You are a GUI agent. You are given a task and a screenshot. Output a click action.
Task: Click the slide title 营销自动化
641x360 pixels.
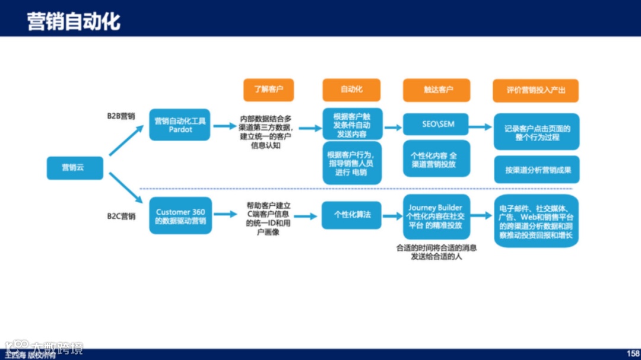click(74, 21)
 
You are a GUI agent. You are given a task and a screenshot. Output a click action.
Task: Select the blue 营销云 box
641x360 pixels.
click(75, 168)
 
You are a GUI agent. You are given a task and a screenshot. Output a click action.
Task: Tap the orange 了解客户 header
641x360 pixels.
click(269, 90)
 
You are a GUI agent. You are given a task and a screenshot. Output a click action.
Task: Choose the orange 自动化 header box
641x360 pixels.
click(351, 90)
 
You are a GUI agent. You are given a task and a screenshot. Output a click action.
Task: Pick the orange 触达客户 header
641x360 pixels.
click(436, 90)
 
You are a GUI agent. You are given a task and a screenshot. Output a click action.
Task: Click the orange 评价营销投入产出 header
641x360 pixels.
click(535, 90)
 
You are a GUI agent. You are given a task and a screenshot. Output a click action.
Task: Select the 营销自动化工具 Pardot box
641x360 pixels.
click(180, 125)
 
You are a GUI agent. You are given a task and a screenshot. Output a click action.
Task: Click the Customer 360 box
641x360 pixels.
click(180, 216)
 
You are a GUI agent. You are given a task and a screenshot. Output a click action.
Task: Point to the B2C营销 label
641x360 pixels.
click(121, 216)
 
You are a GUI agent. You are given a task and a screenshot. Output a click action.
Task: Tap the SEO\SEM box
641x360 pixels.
click(437, 125)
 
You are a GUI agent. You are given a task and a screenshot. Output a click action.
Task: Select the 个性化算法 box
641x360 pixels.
click(352, 215)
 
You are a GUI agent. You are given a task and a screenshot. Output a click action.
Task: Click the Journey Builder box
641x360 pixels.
click(436, 216)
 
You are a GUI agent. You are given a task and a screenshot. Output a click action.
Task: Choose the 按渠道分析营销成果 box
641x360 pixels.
click(537, 170)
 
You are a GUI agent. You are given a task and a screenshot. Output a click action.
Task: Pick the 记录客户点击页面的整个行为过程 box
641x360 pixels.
click(537, 132)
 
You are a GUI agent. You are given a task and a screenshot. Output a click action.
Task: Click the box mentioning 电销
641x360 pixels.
click(352, 163)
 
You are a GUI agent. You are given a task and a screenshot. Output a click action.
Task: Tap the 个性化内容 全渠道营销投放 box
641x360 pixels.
click(436, 159)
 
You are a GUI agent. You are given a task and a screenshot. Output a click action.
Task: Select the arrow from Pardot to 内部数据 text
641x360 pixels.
click(224, 126)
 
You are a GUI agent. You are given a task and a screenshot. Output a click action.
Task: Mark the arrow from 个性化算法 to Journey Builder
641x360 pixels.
click(392, 216)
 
